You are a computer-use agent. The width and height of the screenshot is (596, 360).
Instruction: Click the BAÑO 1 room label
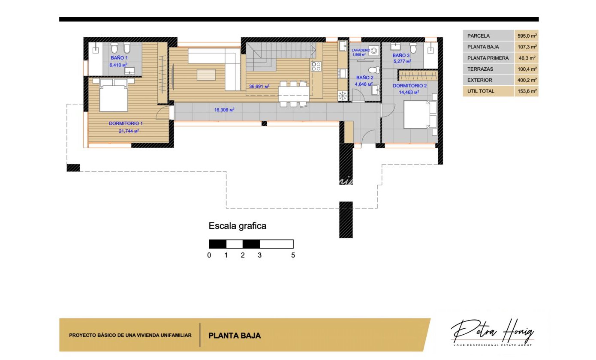coord(119,58)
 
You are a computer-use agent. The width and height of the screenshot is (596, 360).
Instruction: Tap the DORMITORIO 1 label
coord(126,123)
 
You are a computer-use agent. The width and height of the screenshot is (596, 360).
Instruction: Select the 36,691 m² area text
coord(259,87)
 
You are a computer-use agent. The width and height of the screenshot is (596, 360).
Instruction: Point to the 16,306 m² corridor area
coord(224,110)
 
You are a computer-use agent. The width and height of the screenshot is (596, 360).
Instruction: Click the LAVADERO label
coord(361,50)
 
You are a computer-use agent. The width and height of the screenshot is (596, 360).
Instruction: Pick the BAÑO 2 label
coord(364,78)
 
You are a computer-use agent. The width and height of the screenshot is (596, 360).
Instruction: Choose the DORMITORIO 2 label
coord(409,86)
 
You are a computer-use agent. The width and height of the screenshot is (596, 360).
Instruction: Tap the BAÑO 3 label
coord(401,55)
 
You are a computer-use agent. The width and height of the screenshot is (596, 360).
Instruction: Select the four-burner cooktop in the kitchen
coord(316,66)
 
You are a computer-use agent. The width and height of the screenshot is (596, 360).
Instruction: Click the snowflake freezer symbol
coord(343,96)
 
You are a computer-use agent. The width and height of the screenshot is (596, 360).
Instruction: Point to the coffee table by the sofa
coord(206,75)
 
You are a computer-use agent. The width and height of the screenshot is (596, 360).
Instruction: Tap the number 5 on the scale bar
coord(293,255)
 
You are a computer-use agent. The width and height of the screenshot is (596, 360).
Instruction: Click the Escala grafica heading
coord(238,226)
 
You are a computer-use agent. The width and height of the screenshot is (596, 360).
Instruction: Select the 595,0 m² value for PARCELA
coord(527,36)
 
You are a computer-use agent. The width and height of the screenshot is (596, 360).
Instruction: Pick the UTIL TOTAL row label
coord(481,91)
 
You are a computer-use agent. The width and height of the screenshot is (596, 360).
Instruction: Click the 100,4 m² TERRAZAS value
coord(527,69)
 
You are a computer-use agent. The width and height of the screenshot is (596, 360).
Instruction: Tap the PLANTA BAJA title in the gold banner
coord(235,336)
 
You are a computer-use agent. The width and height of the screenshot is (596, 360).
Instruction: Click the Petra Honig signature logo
coord(492,332)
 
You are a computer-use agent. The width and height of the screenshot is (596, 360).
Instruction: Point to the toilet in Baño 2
coord(374,70)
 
